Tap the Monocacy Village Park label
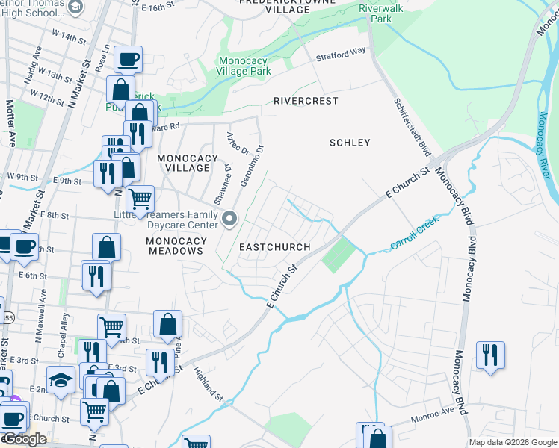[244, 66]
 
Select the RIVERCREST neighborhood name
[306, 100]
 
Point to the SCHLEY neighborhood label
[350, 142]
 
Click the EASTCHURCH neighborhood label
[271, 246]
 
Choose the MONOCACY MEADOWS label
[175, 246]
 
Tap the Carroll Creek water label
[414, 234]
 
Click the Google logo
[25, 439]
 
